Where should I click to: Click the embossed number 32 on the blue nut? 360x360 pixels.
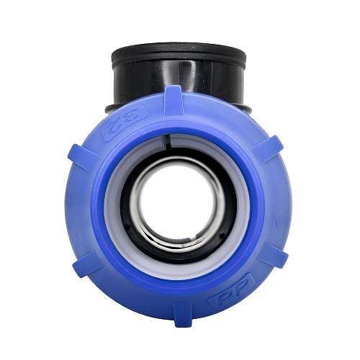(x=125, y=122)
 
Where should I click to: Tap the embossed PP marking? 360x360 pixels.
(x=231, y=291)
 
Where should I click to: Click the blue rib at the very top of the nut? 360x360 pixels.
(x=174, y=100)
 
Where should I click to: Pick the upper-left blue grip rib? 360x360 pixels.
(x=84, y=158)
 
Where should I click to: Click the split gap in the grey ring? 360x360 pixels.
(x=168, y=142)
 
